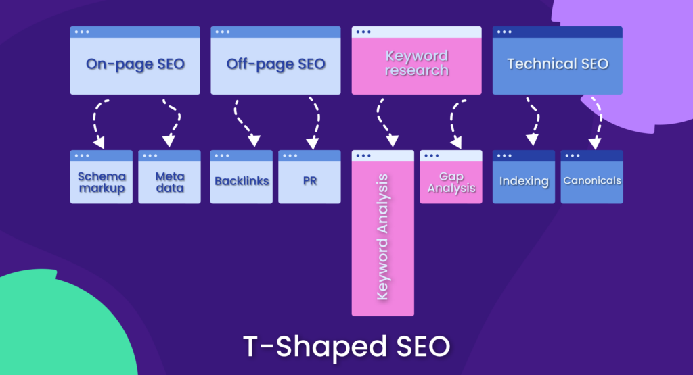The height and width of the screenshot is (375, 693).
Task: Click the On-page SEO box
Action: click(135, 64)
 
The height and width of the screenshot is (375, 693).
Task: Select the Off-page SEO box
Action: click(275, 64)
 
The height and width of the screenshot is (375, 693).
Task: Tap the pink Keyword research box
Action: click(416, 62)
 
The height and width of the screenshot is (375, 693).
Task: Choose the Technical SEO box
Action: click(557, 64)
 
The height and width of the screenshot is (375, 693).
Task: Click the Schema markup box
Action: click(102, 182)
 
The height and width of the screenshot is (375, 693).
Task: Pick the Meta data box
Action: click(169, 182)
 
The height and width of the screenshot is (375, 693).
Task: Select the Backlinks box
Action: click(242, 181)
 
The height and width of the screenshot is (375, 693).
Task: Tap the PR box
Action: click(309, 181)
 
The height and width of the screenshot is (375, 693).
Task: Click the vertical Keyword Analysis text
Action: click(382, 236)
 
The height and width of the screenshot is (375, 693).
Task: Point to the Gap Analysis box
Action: click(451, 182)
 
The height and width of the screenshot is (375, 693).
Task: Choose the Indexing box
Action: click(524, 181)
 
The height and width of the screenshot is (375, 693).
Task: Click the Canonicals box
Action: click(591, 181)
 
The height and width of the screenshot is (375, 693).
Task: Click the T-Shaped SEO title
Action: click(346, 346)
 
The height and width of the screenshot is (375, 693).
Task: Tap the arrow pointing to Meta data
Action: click(172, 122)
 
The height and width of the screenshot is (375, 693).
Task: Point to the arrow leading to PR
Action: click(315, 122)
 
